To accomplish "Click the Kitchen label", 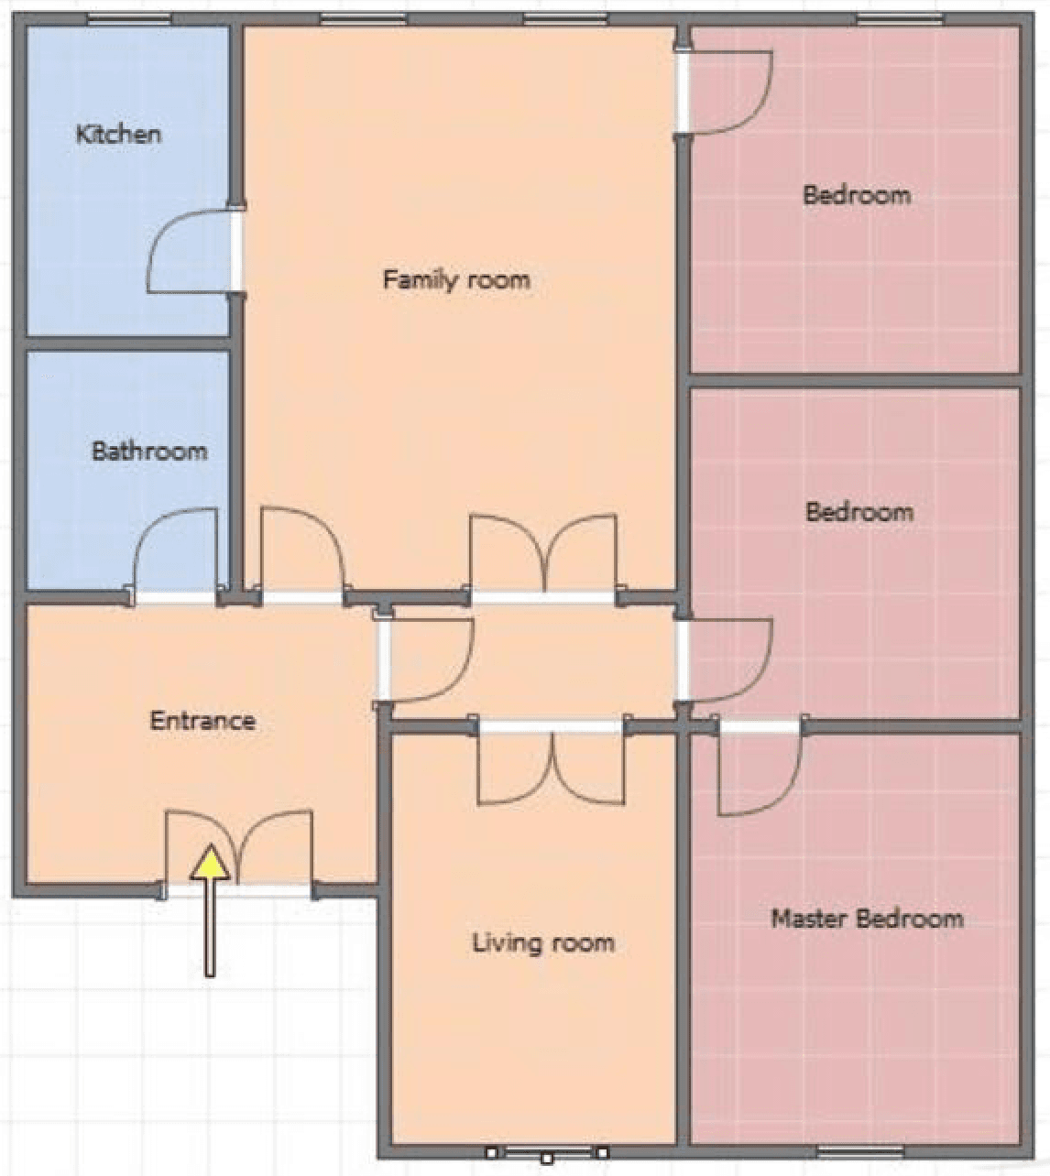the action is coord(118,135).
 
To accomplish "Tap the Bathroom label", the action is coord(150,451).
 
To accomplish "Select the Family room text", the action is coord(456,280).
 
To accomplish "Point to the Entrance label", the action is coord(202,721).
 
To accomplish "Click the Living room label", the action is coord(543,942).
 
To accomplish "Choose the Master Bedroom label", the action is coord(867,919).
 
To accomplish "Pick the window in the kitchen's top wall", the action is coord(130,19).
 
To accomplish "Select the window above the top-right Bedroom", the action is coord(900,19).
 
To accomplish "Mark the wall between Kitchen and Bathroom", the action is coord(127,343).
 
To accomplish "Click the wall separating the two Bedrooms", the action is coord(855,381).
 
